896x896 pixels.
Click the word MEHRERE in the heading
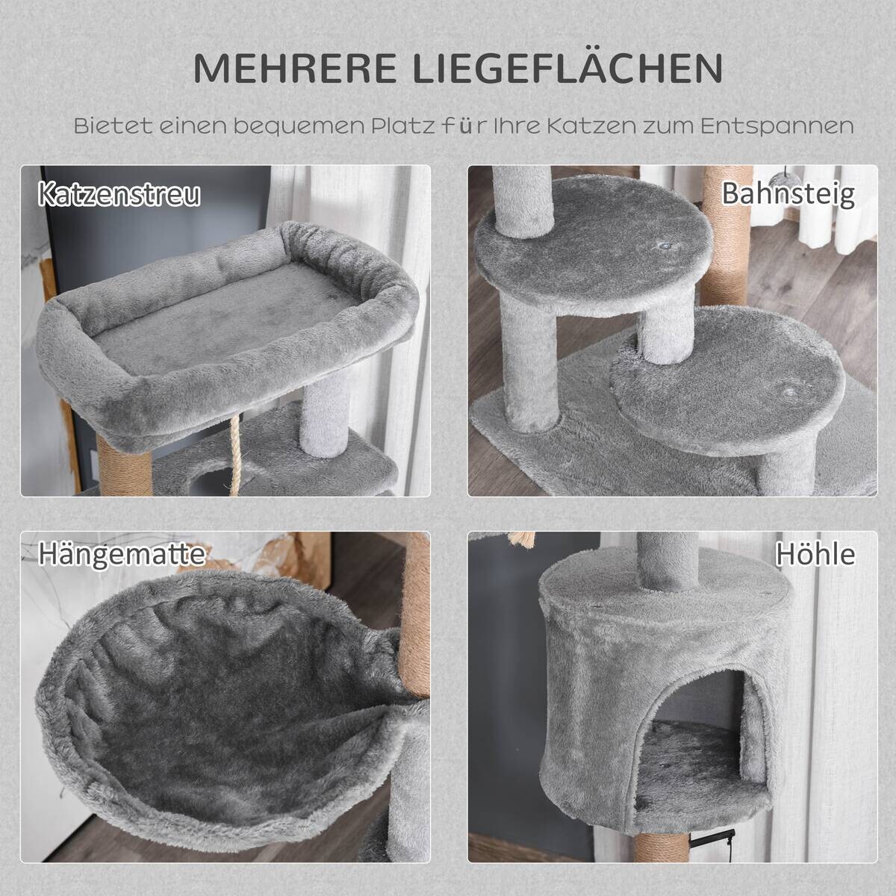pyautogui.click(x=296, y=69)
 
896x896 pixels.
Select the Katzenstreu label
pyautogui.click(x=119, y=195)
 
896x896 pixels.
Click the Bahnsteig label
pyautogui.click(x=788, y=193)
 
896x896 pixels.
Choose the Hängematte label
pyautogui.click(x=122, y=554)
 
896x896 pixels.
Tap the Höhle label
pyautogui.click(x=815, y=555)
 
